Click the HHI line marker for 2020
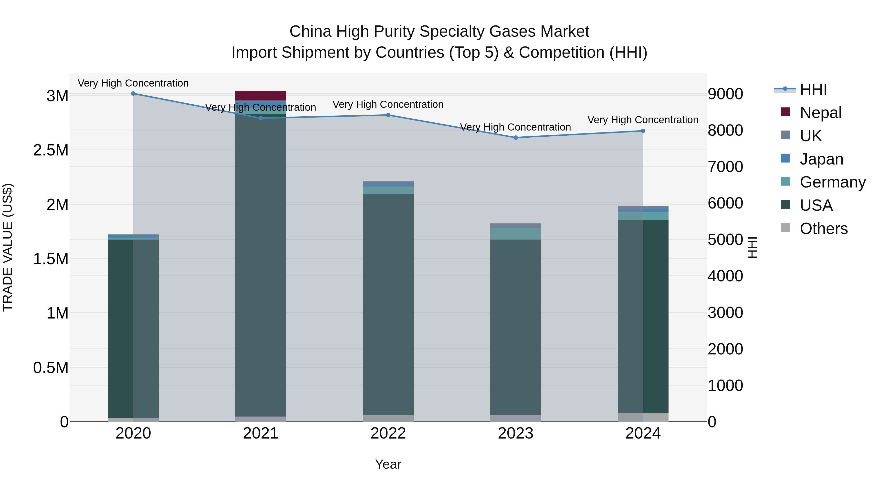(133, 94)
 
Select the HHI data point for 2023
(516, 138)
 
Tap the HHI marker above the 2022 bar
(388, 115)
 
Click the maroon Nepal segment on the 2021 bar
(261, 96)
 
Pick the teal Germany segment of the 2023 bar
(516, 234)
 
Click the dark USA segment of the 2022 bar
(388, 304)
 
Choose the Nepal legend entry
(820, 113)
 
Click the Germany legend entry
(832, 182)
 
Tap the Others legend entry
(823, 229)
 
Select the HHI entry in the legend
(813, 89)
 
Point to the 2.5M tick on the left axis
(51, 150)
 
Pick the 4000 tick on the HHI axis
(725, 276)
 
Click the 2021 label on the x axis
(261, 433)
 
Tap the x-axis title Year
(388, 464)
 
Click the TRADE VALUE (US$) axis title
(8, 247)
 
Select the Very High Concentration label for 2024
(643, 120)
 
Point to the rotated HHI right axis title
(752, 247)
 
